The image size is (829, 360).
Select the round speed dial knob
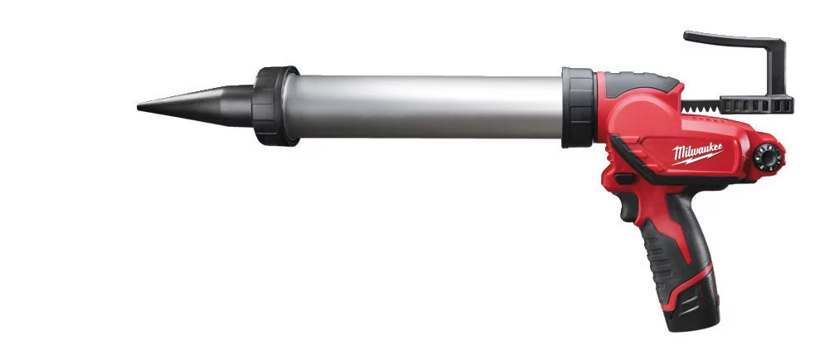pos(767,157)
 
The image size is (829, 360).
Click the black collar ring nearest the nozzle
pos(275,106)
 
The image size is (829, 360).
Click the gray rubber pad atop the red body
pos(642,80)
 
